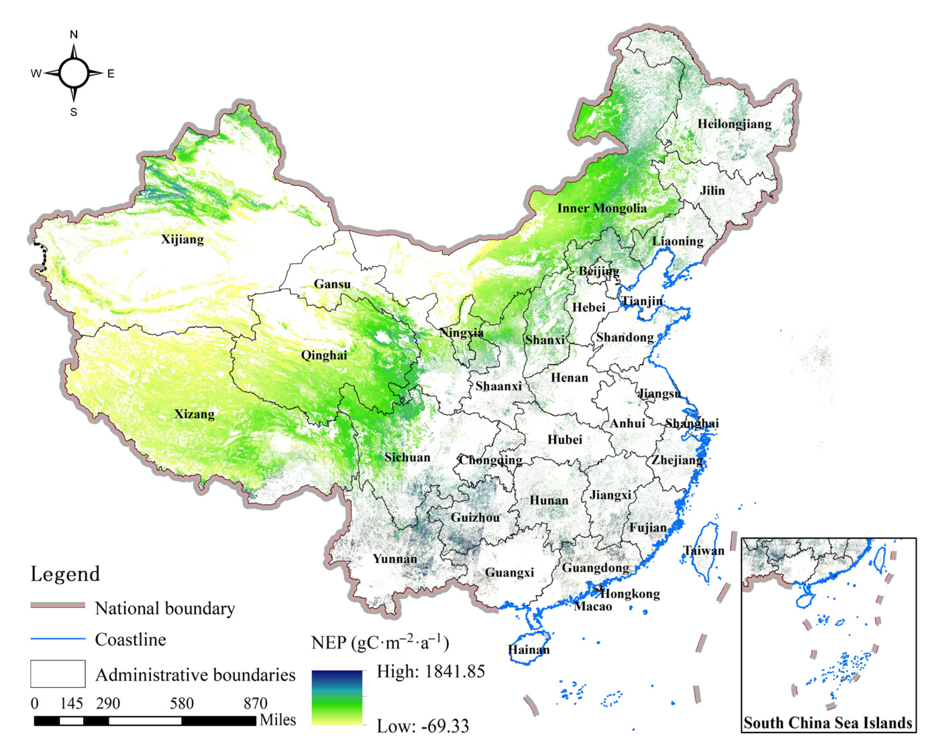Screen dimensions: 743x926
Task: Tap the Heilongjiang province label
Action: tap(734, 124)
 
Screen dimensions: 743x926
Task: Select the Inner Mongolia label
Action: tap(602, 208)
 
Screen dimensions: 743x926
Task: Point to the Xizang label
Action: tap(194, 414)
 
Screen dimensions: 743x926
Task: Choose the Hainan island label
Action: tap(529, 649)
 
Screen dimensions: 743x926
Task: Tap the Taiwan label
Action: tap(704, 551)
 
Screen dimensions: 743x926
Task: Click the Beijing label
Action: tap(599, 271)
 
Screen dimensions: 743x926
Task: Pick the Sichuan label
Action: tap(407, 457)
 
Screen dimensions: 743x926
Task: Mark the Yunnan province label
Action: tap(395, 559)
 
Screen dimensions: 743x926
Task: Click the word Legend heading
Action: tap(65, 574)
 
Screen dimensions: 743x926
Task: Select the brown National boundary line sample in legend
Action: tap(58, 605)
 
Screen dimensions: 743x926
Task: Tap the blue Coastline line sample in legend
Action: tap(58, 639)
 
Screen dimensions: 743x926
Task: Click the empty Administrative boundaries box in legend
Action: tap(58, 674)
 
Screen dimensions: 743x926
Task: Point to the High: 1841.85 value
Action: tap(431, 672)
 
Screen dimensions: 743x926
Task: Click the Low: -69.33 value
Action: tap(423, 727)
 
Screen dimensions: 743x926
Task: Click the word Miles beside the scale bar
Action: tap(278, 720)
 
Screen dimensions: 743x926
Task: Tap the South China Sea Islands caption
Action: tap(828, 723)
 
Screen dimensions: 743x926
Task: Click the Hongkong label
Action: tap(630, 594)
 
